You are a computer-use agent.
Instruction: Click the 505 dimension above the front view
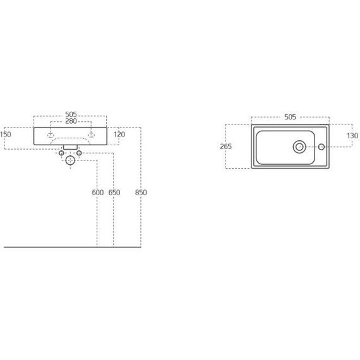click(x=71, y=114)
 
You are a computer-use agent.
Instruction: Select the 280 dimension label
click(x=71, y=121)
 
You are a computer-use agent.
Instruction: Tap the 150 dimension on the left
click(x=6, y=135)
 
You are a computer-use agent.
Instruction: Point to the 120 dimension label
click(x=119, y=135)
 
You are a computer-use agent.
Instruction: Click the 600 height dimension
click(x=97, y=193)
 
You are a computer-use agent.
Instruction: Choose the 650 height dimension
click(x=114, y=193)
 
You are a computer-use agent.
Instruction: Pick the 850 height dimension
click(x=141, y=193)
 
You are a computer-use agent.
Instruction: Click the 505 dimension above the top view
click(x=290, y=117)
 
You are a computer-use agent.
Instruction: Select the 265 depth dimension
click(x=226, y=147)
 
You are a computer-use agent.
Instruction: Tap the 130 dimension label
click(x=352, y=136)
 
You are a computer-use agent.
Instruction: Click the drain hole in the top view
click(x=299, y=147)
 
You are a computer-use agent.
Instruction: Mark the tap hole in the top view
click(x=321, y=147)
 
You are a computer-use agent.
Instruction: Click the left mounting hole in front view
click(x=51, y=134)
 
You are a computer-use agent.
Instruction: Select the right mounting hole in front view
click(x=92, y=134)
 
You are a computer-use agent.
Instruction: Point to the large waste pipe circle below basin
click(x=70, y=161)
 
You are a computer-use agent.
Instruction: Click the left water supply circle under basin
click(x=61, y=153)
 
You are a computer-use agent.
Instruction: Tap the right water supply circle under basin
click(x=79, y=153)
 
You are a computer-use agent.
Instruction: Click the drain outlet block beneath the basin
click(x=70, y=147)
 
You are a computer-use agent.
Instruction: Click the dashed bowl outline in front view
click(x=70, y=138)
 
